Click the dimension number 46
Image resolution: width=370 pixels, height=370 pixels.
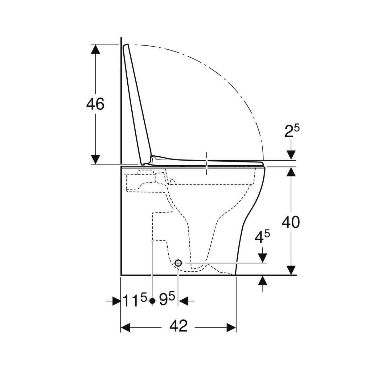pyautogui.click(x=95, y=104)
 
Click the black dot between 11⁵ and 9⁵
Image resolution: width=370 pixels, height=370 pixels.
pyautogui.click(x=152, y=301)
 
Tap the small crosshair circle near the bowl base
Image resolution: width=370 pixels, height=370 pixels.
pyautogui.click(x=178, y=263)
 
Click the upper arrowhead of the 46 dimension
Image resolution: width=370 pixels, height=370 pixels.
pyautogui.click(x=95, y=49)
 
